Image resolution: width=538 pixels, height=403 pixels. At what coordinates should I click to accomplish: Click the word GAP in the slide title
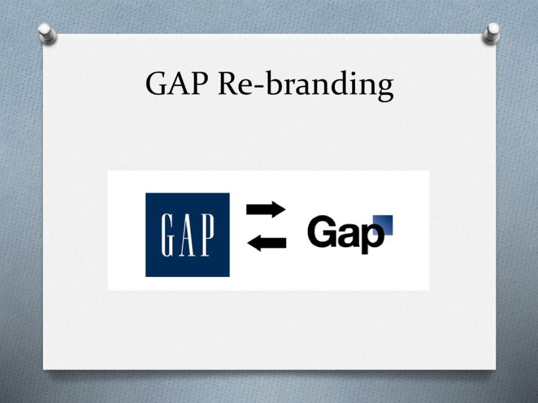click(x=176, y=84)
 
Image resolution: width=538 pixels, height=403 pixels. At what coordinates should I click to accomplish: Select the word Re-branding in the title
click(x=305, y=85)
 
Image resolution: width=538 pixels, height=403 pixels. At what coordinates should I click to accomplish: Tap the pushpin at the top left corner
click(x=47, y=33)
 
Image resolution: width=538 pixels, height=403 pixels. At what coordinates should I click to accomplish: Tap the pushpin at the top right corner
click(x=491, y=33)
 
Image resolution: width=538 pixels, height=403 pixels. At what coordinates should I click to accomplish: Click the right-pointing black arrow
click(x=266, y=209)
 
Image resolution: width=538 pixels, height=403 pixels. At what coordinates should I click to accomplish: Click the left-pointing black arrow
click(x=267, y=243)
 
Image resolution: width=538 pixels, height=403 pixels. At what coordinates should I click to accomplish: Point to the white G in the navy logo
click(x=168, y=235)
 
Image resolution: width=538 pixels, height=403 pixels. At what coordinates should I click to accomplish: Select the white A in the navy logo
click(x=187, y=235)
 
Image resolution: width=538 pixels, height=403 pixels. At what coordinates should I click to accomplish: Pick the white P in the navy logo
click(x=207, y=235)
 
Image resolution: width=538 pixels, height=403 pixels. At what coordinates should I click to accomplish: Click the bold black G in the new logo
click(x=321, y=231)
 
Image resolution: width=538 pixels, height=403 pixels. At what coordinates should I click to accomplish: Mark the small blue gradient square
click(x=383, y=225)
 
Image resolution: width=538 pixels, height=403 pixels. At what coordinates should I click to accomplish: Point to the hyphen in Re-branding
click(x=259, y=88)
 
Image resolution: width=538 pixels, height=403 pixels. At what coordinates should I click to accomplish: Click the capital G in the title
click(x=157, y=84)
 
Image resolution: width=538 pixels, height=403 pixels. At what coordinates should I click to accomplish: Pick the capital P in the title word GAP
click(x=199, y=84)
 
